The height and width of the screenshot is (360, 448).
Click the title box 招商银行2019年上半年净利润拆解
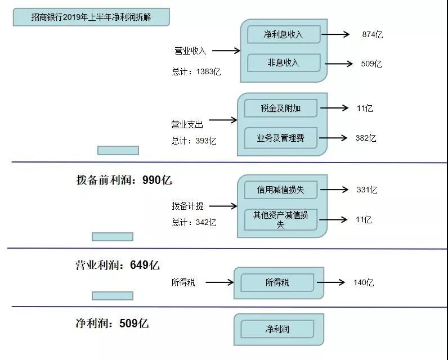(x=91, y=17)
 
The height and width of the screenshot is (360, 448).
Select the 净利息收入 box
(x=284, y=34)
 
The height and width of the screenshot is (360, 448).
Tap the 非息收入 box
(x=284, y=63)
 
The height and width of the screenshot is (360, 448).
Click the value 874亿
(x=373, y=35)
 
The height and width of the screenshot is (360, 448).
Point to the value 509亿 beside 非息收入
(x=371, y=64)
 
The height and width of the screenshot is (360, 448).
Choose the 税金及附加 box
(x=280, y=108)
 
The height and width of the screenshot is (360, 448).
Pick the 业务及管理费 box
(x=280, y=138)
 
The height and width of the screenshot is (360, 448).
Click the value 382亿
(x=366, y=138)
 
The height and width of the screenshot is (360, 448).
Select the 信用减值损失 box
(x=280, y=190)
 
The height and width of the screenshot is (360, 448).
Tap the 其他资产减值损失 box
(x=280, y=219)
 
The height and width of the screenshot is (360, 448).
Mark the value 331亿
(x=367, y=190)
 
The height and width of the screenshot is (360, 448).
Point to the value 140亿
(x=364, y=283)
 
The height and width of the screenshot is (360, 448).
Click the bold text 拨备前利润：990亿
(x=124, y=181)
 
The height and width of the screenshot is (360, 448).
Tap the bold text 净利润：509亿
(x=112, y=323)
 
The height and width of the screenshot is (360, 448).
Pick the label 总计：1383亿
(x=196, y=72)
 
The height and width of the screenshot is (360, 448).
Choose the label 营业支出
(x=187, y=123)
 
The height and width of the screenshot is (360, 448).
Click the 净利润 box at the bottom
(x=277, y=329)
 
